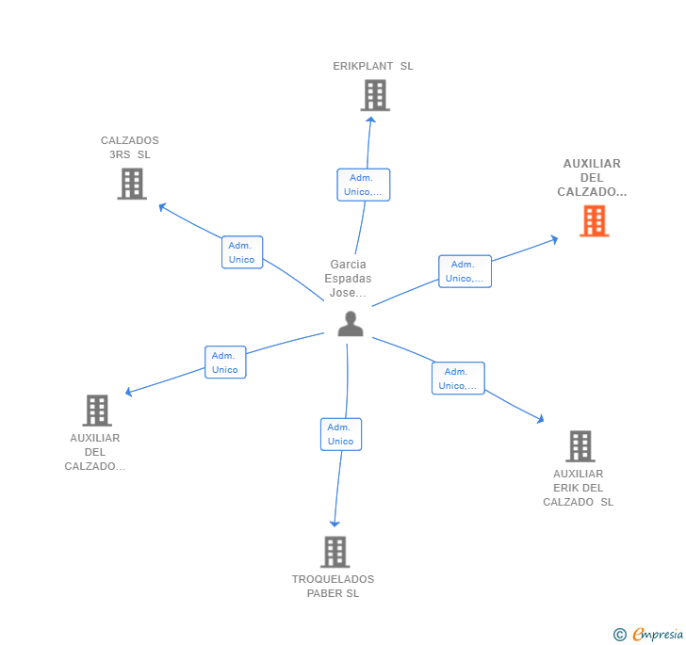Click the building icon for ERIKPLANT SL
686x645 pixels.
point(375,95)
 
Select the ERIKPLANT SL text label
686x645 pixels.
point(373,67)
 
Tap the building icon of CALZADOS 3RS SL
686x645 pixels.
point(132,184)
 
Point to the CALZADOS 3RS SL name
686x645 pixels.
point(130,148)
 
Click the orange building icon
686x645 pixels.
point(594,220)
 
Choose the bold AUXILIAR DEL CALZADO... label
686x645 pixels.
point(592,178)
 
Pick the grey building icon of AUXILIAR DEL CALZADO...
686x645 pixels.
point(97,411)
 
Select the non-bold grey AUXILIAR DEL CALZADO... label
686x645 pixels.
point(95,452)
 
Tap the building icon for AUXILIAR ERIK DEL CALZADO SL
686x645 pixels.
point(580,445)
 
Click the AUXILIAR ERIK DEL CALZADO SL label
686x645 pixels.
point(578,488)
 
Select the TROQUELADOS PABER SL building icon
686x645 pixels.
point(335,552)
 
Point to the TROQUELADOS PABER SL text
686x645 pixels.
point(333,587)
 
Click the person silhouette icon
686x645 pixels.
point(351,323)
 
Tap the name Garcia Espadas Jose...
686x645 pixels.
point(348,279)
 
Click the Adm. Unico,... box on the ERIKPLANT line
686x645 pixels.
point(363,185)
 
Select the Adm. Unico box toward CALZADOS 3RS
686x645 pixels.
point(242,252)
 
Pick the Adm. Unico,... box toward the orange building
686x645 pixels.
point(465,271)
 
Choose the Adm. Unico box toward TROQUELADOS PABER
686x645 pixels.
point(340,434)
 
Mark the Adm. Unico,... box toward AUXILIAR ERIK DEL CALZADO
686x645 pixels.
point(458,379)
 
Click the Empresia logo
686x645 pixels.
point(648,634)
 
